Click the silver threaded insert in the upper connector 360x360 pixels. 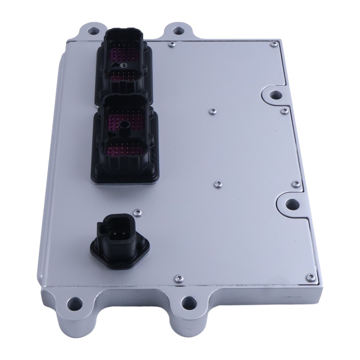(124, 65)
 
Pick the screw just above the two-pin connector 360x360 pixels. (136, 212)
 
